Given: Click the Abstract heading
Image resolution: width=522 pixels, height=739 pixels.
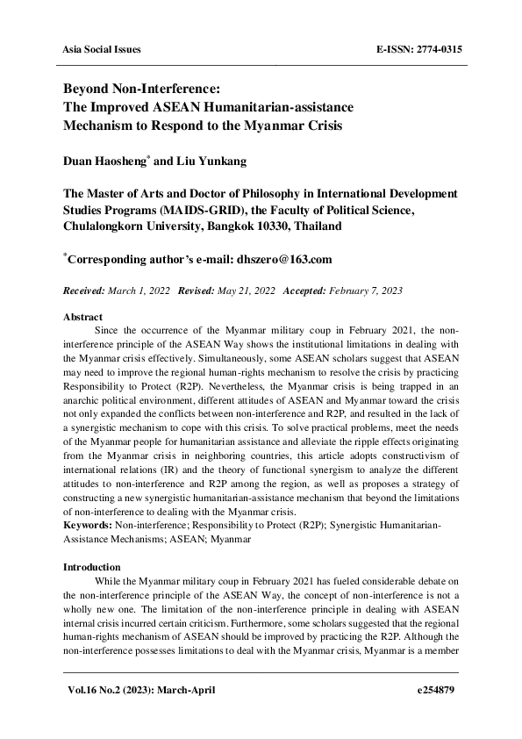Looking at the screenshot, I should pos(82,316).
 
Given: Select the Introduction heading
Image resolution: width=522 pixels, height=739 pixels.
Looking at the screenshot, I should pos(91,568).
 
